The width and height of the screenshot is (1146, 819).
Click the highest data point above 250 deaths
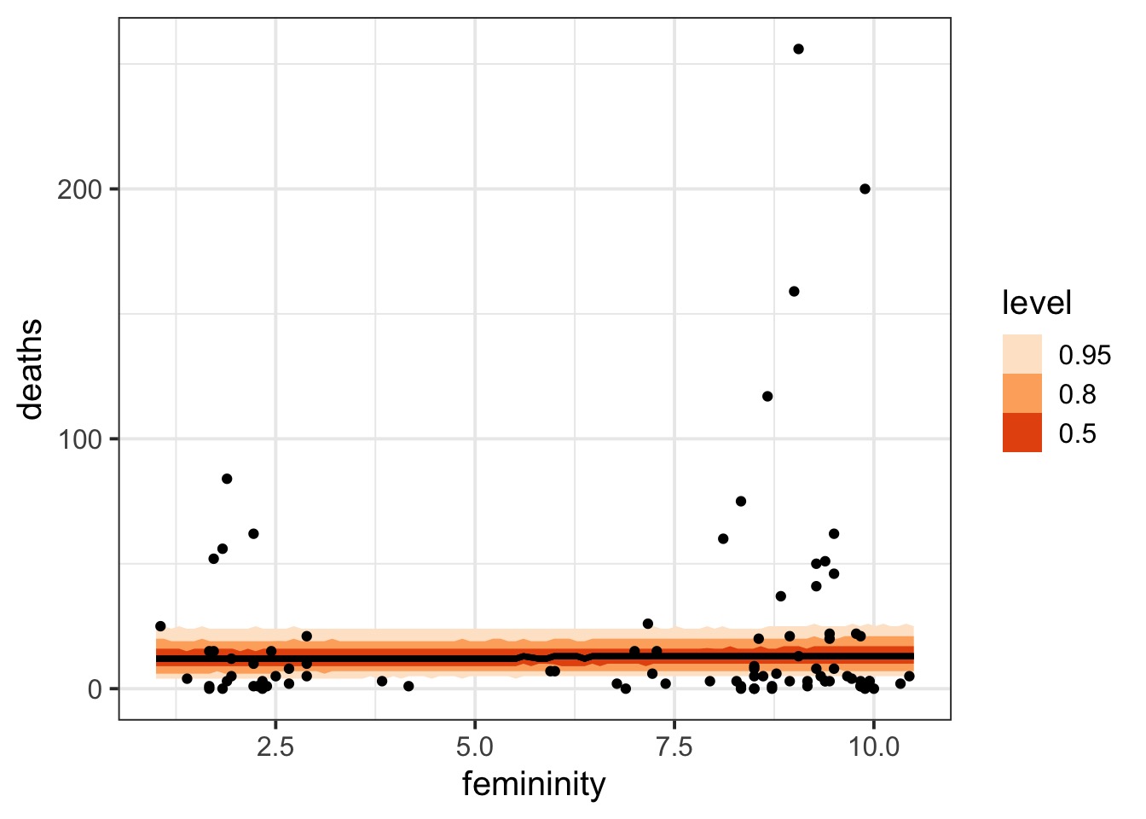click(798, 49)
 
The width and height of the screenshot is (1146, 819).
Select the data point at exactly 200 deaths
click(865, 189)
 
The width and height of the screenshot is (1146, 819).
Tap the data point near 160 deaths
click(794, 291)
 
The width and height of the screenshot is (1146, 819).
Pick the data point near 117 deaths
click(767, 396)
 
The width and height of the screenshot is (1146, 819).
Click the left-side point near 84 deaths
click(227, 479)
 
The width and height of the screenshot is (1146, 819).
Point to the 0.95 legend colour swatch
click(1022, 354)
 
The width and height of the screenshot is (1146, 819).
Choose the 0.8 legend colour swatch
click(1022, 393)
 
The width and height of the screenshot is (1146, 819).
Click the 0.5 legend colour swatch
click(1022, 433)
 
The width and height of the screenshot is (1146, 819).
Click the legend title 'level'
click(1036, 303)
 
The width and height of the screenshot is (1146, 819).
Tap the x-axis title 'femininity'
click(534, 783)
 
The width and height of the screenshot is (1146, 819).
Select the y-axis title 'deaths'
click(31, 369)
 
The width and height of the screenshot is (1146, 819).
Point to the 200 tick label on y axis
click(79, 189)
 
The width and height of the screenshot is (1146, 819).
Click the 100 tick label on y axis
click(79, 439)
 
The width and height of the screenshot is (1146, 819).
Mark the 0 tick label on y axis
click(94, 688)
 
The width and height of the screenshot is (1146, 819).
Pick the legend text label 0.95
click(1085, 355)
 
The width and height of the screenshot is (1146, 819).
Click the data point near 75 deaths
click(741, 501)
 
